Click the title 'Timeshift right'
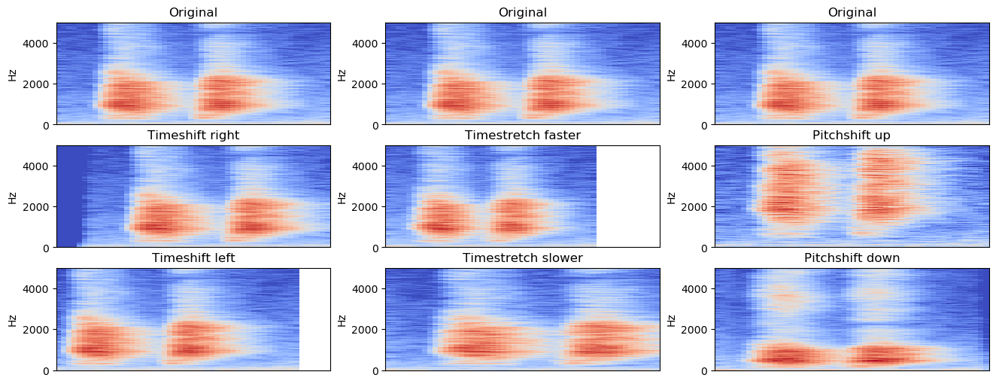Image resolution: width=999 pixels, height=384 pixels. [x=193, y=136]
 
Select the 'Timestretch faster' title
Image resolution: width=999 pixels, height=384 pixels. [x=523, y=136]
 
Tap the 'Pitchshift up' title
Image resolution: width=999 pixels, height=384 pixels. [x=852, y=136]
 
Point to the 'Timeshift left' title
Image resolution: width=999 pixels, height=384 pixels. [x=193, y=258]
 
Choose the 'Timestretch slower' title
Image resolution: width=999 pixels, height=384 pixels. [x=523, y=258]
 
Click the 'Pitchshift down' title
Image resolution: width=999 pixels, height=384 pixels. [x=852, y=258]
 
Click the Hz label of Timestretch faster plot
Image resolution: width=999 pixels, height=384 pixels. [x=342, y=197]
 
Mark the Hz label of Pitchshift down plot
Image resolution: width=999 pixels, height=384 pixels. [x=671, y=320]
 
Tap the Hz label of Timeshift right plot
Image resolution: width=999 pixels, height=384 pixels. [x=13, y=197]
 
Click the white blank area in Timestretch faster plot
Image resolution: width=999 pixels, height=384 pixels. [x=628, y=197]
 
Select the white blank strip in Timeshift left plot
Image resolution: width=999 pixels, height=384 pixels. [x=315, y=319]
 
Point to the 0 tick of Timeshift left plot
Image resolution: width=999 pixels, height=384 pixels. [x=47, y=370]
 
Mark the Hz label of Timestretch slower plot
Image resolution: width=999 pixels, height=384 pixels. [x=342, y=320]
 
